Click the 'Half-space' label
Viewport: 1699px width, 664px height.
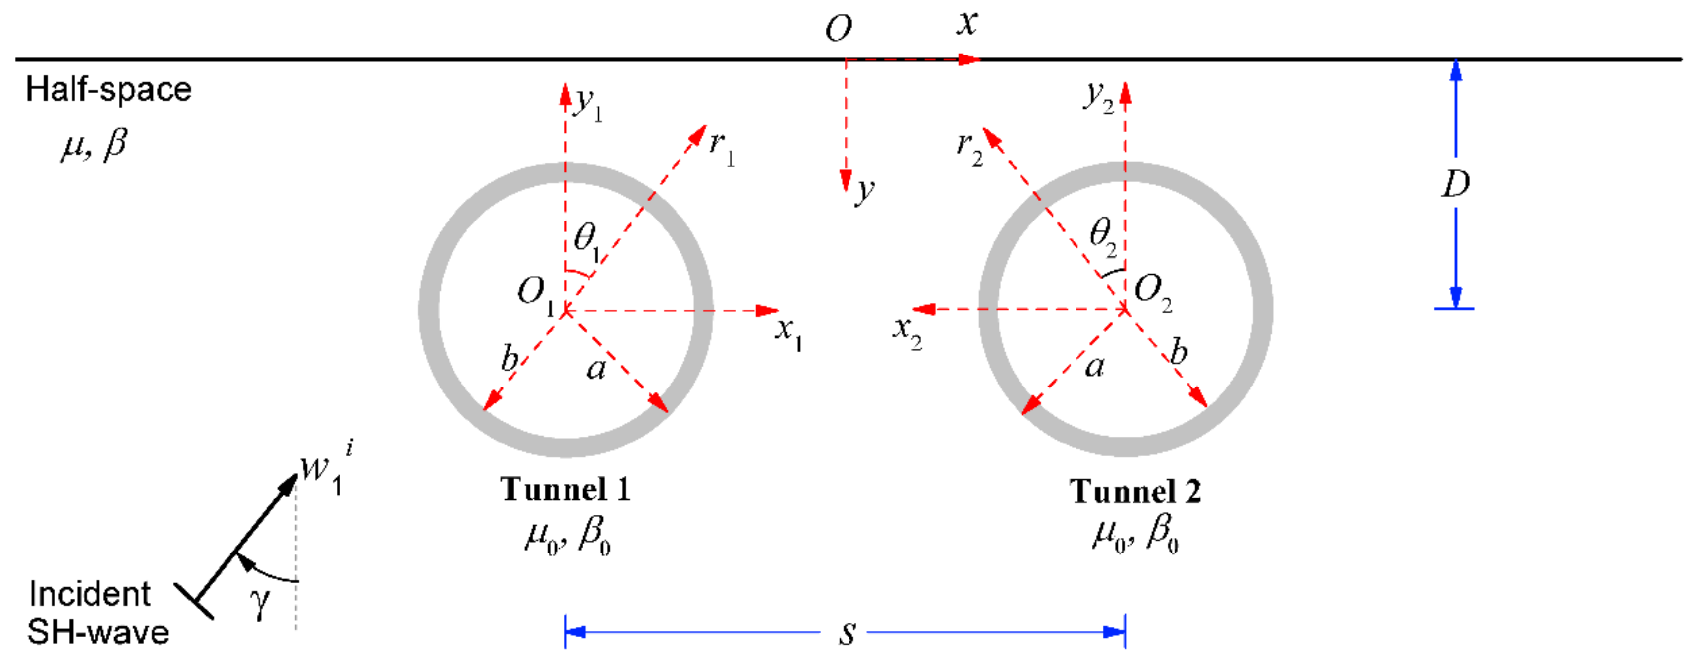click(x=109, y=90)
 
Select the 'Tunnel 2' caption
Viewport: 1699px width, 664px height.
click(x=1134, y=492)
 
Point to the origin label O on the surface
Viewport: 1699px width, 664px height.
click(x=838, y=30)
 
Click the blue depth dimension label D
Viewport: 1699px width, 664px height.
click(x=1455, y=184)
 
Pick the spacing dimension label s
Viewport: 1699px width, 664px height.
click(x=848, y=633)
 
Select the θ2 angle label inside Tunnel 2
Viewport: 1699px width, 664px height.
click(x=1103, y=235)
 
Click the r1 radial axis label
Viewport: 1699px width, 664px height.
click(x=722, y=146)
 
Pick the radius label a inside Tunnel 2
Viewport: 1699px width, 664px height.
click(x=1094, y=367)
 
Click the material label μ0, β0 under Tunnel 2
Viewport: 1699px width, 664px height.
click(x=1134, y=534)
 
